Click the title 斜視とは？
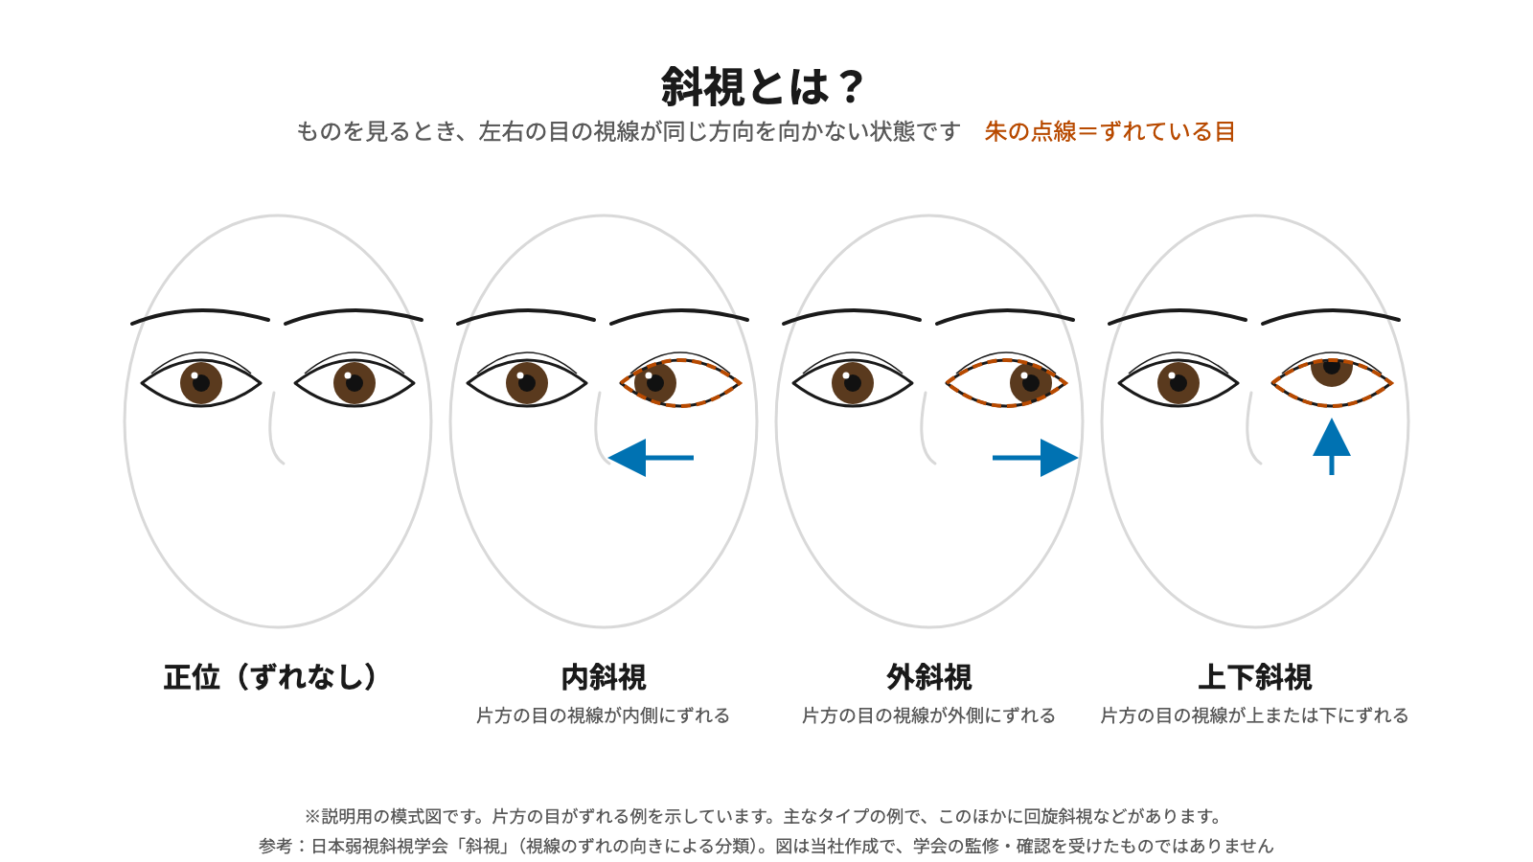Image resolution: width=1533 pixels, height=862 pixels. [x=763, y=87]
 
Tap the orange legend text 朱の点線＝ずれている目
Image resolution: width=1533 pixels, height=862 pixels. [x=1110, y=131]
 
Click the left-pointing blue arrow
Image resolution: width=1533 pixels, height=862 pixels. [x=651, y=458]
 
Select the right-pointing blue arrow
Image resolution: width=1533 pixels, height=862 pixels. [x=1036, y=458]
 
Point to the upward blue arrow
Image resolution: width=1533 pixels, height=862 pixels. [x=1331, y=446]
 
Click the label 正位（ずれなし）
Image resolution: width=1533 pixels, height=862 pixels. [x=270, y=677]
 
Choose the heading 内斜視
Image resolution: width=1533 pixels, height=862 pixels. [x=603, y=677]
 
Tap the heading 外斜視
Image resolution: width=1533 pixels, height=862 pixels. [x=928, y=677]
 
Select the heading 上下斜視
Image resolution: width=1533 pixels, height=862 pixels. [x=1255, y=677]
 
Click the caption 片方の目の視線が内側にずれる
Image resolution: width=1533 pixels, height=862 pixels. [x=603, y=715]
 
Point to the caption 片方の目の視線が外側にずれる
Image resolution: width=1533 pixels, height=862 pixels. [x=928, y=715]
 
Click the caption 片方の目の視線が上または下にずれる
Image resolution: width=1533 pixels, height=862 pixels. [x=1254, y=715]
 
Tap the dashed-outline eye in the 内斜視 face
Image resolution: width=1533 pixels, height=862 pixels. [x=680, y=382]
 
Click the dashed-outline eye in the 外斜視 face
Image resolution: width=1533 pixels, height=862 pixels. [x=1006, y=382]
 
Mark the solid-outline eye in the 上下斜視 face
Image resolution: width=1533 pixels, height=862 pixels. [x=1178, y=381]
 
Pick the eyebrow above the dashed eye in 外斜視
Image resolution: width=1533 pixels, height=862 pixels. [x=1005, y=315]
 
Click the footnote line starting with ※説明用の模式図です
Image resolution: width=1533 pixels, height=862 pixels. [x=763, y=816]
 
